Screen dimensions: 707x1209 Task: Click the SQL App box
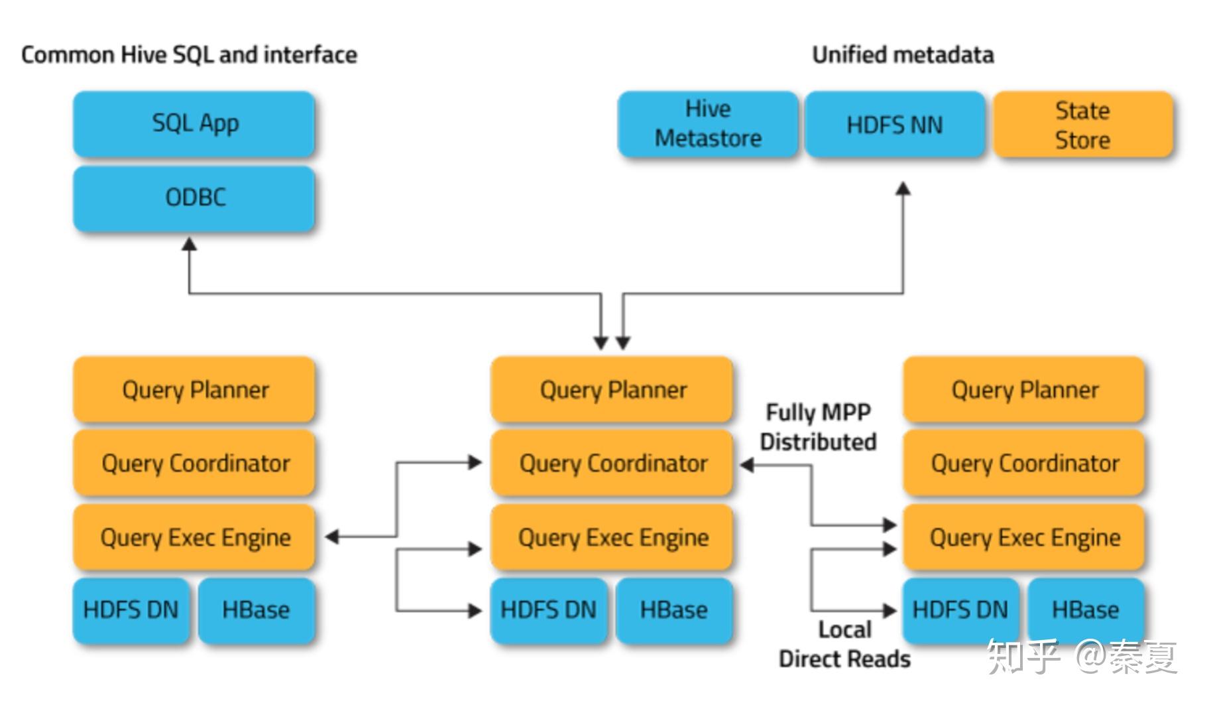pos(194,124)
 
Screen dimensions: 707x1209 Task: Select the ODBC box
pos(194,198)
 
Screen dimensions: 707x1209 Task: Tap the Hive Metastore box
pos(707,124)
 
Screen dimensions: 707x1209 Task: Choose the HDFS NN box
pos(894,124)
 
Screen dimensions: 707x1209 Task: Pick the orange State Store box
pos(1082,124)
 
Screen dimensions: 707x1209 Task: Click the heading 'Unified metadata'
pos(903,54)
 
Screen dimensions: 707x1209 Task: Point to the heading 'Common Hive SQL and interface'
pos(189,54)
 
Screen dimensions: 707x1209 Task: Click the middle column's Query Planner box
pos(612,389)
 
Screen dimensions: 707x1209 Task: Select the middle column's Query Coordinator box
pos(612,463)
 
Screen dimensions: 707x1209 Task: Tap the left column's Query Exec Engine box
pos(194,537)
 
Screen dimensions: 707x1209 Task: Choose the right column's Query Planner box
pos(1024,389)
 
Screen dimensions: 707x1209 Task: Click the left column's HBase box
pos(256,610)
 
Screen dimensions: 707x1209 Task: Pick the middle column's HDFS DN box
pos(548,610)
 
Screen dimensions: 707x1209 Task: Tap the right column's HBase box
pos(1085,610)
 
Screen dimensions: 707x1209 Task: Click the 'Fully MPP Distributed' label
pos(818,427)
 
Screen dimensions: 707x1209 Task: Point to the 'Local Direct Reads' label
pos(844,644)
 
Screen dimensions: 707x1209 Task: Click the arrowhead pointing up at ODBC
pos(190,245)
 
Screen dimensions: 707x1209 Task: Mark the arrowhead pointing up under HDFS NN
pos(903,189)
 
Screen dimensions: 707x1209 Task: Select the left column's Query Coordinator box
pos(194,463)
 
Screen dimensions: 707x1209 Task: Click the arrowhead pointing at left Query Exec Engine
pos(332,537)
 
